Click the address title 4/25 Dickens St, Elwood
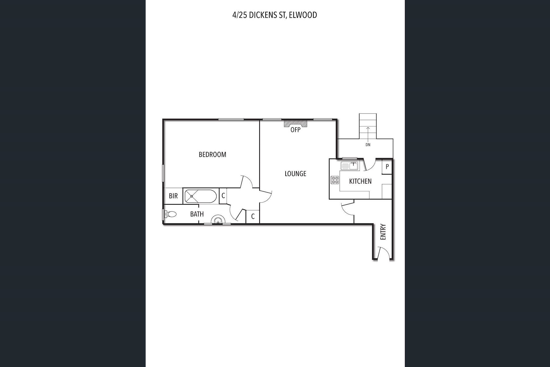tap(274, 15)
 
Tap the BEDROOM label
tap(213, 155)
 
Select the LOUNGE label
tap(295, 173)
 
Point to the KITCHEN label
tap(360, 181)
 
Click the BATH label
tap(197, 214)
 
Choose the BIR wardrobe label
tap(173, 196)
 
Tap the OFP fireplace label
tap(295, 130)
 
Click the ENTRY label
tap(383, 232)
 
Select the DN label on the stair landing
tap(368, 145)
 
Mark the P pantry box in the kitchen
tap(387, 167)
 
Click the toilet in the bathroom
tap(170, 214)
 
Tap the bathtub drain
tap(192, 196)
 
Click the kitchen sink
tap(349, 166)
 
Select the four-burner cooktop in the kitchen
tap(335, 180)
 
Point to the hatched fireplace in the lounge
tap(295, 123)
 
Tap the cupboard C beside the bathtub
tap(223, 196)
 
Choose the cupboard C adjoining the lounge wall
tap(253, 216)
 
